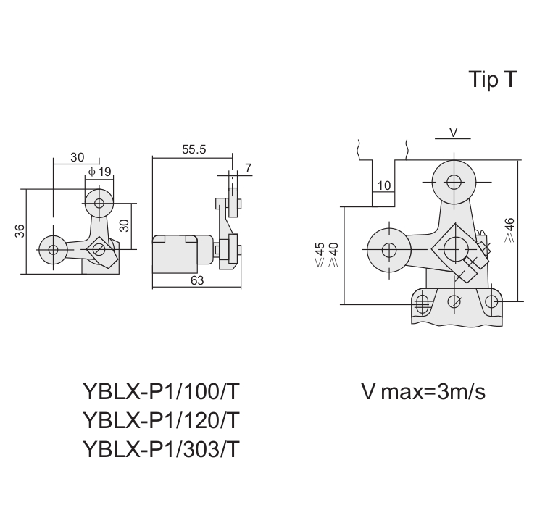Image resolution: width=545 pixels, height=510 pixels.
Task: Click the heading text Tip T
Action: [493, 80]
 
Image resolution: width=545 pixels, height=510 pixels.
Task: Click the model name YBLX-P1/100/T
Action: [162, 391]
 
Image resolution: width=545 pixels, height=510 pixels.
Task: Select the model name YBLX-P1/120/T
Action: [162, 420]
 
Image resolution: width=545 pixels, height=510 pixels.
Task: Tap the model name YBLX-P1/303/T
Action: [162, 449]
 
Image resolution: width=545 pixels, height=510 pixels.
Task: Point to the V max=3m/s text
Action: [423, 391]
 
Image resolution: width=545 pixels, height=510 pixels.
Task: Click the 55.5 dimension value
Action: [194, 149]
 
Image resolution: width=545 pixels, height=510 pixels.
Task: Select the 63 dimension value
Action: [197, 280]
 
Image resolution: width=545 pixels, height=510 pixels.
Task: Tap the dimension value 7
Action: [248, 168]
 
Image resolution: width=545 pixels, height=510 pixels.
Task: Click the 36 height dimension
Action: [20, 231]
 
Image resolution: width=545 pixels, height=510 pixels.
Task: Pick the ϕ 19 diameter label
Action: [100, 172]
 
